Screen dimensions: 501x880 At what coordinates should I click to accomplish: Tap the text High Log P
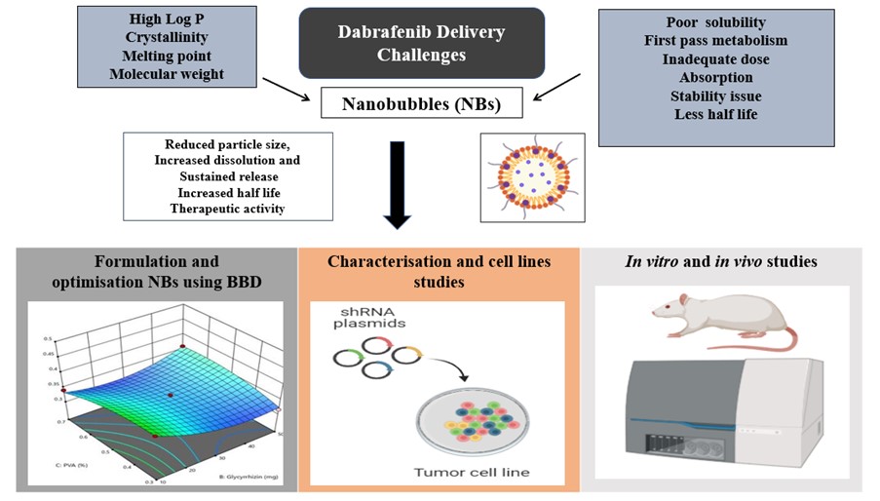pyautogui.click(x=166, y=19)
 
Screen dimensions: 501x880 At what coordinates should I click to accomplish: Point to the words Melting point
pyautogui.click(x=166, y=56)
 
